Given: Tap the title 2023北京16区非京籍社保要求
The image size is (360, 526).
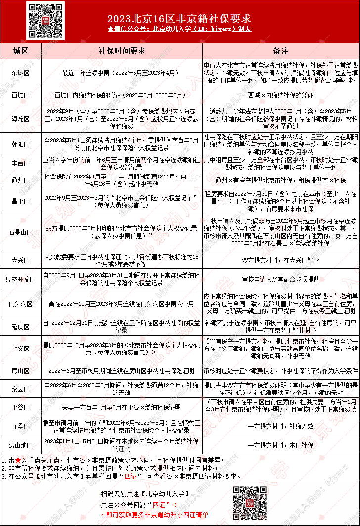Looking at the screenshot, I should [x=180, y=19].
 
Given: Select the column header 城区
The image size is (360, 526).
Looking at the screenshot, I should [x=21, y=51].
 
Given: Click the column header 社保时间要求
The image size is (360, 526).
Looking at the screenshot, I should [x=122, y=51].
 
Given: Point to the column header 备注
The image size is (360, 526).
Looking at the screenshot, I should [x=280, y=51].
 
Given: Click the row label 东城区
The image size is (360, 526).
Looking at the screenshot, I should [x=21, y=73].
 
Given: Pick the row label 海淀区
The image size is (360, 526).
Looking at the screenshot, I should [x=21, y=119].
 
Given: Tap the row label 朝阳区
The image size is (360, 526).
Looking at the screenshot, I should [x=21, y=144].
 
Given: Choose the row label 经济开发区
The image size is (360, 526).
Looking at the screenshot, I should [x=21, y=279].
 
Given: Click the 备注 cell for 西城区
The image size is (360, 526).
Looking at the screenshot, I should [x=280, y=95].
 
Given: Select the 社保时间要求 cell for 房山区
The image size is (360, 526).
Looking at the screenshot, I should [x=122, y=370].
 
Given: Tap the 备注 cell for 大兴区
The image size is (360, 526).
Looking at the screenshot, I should [x=280, y=260].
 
